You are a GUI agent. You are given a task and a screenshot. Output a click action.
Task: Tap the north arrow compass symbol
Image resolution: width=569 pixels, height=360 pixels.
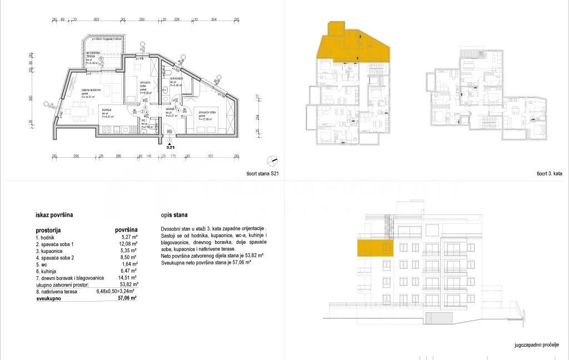tap(271, 160)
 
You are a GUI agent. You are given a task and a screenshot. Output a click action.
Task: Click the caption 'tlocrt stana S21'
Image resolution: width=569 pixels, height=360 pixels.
tap(262, 174)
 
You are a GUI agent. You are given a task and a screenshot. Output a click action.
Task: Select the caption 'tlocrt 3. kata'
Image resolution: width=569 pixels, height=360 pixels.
tap(550, 174)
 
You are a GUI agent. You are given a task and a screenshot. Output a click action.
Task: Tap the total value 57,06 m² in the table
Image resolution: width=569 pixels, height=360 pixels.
tap(126, 298)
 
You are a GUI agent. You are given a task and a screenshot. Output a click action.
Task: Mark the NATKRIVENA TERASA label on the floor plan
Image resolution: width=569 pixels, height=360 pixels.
tap(92, 54)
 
